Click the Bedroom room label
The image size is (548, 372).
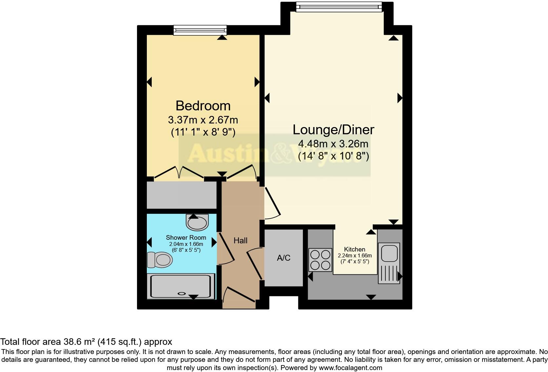(203, 106)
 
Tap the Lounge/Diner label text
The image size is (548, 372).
(333, 130)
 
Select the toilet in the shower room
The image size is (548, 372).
(160, 260)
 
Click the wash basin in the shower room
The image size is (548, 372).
(197, 223)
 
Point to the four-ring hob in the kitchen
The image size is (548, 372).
(320, 260)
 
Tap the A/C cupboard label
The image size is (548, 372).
(284, 258)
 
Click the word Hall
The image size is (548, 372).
(240, 241)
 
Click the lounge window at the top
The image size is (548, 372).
(339, 7)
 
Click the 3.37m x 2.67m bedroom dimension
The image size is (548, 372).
(203, 120)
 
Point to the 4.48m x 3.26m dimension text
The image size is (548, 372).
(333, 144)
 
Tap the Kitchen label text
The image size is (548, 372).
(355, 249)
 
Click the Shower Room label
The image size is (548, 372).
(186, 237)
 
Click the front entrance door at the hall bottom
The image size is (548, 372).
(239, 294)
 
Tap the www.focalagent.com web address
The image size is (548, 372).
(350, 368)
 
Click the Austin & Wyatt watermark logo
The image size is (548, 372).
(275, 154)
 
